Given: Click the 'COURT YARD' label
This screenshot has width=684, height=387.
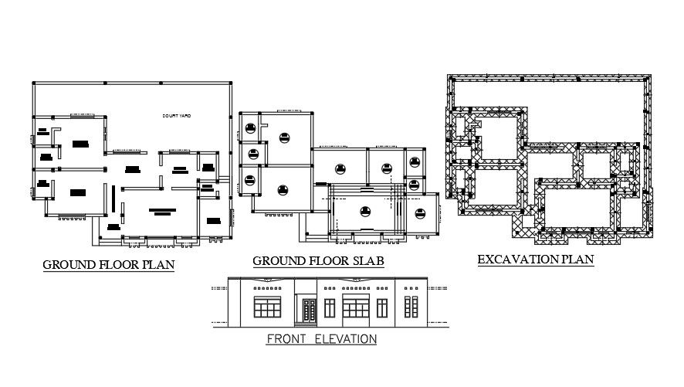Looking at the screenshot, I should coord(176,116).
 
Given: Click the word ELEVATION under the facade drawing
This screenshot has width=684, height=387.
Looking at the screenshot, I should coord(346,338).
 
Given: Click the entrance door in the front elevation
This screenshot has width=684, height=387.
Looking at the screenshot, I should coord(309,311).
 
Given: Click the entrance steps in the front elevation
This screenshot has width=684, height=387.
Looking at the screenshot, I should coord(309,324).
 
